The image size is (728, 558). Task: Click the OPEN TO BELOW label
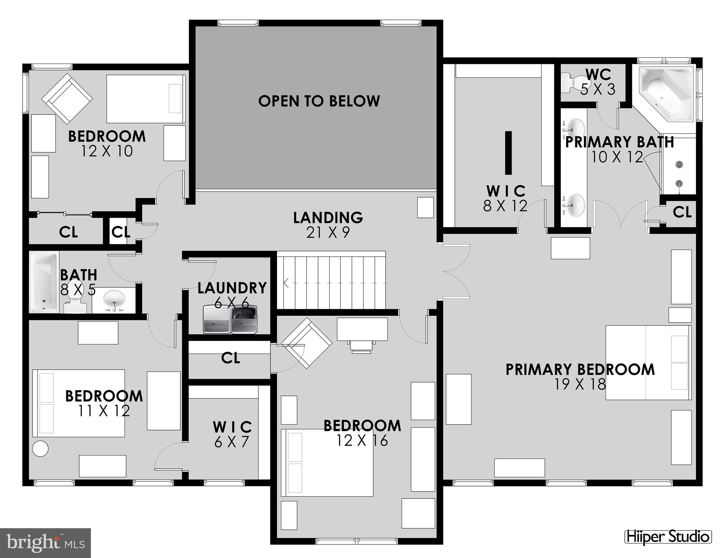click(319, 101)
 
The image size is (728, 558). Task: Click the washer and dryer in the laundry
click(230, 319)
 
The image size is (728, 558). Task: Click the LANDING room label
click(328, 218)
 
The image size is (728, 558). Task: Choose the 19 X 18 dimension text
click(580, 384)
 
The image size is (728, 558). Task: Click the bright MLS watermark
click(45, 543)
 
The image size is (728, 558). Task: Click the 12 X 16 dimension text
click(362, 441)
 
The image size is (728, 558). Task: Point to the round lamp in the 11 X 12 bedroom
click(40, 449)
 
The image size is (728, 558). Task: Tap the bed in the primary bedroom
click(648, 362)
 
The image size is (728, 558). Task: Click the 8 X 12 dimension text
click(505, 206)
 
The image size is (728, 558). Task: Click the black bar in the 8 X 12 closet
click(508, 153)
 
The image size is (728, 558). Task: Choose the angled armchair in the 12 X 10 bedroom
click(67, 98)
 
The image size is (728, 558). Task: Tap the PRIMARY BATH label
click(619, 142)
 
